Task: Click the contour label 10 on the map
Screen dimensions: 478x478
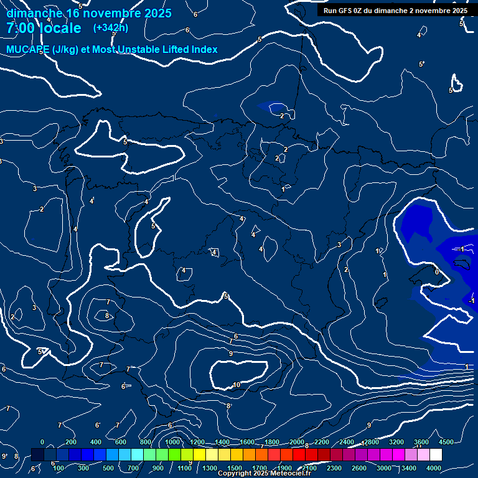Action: click(237, 385)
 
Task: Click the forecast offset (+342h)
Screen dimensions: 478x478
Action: click(111, 28)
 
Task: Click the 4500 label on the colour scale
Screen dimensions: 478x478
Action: click(446, 441)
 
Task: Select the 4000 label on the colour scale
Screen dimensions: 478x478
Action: click(434, 468)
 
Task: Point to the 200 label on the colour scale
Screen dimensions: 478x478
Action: click(71, 441)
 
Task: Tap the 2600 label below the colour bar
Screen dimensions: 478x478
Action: click(359, 468)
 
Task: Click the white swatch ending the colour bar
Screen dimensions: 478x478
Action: click(436, 455)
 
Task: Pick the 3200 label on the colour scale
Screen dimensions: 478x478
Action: click(396, 441)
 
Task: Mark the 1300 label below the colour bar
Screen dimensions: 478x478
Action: click(210, 468)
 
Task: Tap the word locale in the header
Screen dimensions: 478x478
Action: click(60, 28)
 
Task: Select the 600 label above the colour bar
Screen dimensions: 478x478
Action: click(121, 441)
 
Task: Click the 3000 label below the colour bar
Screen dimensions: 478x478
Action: click(384, 468)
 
